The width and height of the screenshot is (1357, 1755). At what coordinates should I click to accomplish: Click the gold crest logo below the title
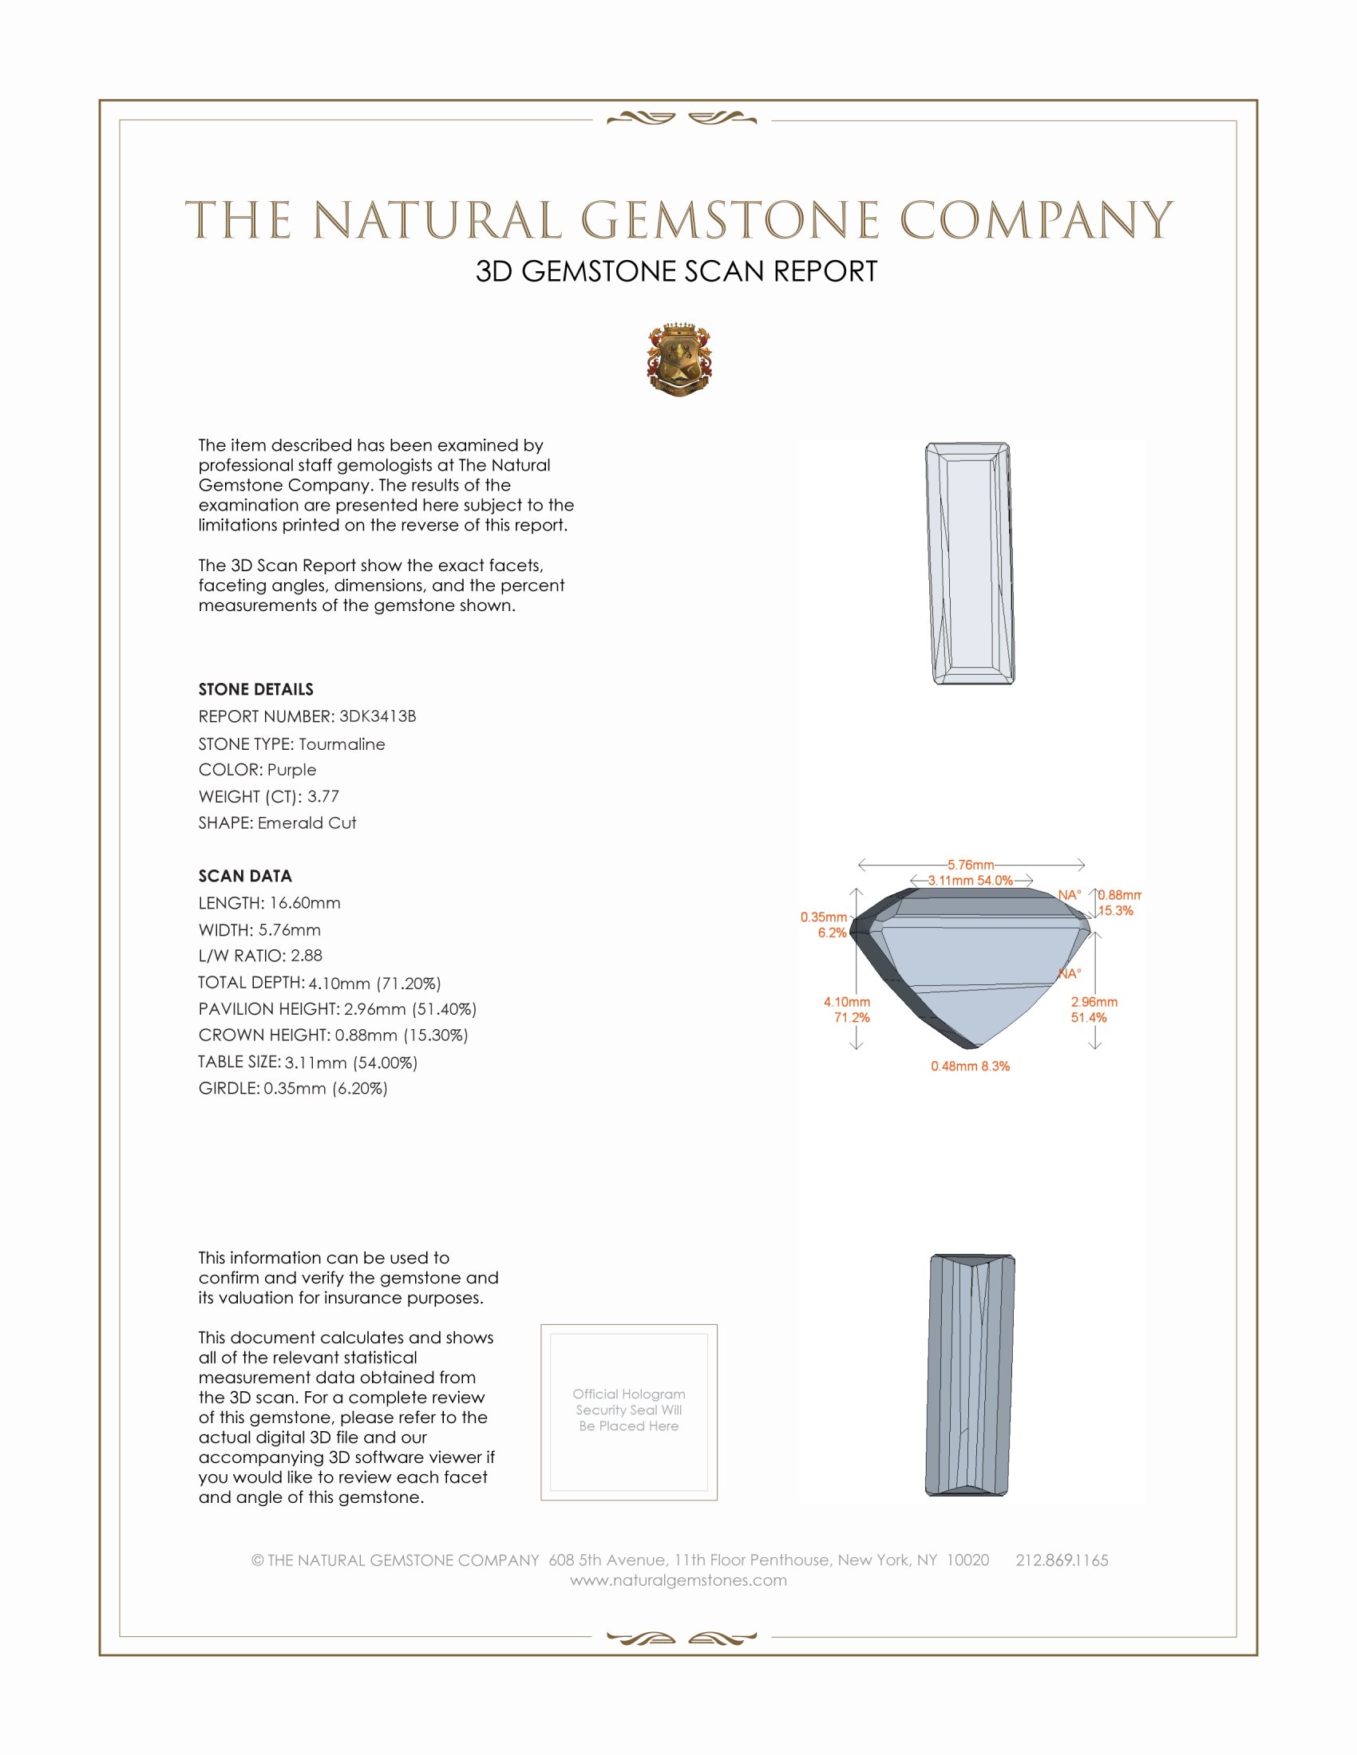(x=678, y=359)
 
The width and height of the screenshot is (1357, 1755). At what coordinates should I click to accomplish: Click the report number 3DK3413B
(x=377, y=716)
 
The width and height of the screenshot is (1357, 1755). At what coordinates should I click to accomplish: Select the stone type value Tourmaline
(x=342, y=744)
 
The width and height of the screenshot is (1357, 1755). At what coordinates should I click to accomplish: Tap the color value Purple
(x=292, y=770)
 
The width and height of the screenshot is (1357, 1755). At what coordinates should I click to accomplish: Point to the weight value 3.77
(x=323, y=796)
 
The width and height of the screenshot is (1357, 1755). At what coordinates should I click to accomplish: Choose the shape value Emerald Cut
(x=307, y=823)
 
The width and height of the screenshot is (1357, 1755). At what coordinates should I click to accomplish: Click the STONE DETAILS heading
(x=255, y=689)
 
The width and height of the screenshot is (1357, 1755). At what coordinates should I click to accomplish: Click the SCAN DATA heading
(x=245, y=876)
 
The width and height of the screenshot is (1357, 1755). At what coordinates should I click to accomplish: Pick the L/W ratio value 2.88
(x=307, y=956)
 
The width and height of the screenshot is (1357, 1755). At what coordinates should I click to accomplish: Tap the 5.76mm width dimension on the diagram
(x=971, y=865)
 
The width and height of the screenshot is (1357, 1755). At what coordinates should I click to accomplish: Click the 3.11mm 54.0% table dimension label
(x=971, y=881)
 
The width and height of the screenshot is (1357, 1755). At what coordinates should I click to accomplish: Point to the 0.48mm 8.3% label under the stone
(x=971, y=1067)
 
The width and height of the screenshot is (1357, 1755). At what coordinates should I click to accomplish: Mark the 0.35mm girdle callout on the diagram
(x=823, y=917)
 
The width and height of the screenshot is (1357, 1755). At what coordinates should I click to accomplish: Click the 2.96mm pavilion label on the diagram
(x=1094, y=1002)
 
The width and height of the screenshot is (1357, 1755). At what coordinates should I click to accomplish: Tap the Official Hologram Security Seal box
(x=629, y=1412)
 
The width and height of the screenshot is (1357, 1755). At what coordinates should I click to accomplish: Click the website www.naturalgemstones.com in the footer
(x=678, y=1580)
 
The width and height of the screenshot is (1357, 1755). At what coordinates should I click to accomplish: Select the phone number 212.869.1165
(x=1062, y=1560)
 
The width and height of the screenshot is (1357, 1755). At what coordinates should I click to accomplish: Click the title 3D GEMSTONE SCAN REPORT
(x=676, y=271)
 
